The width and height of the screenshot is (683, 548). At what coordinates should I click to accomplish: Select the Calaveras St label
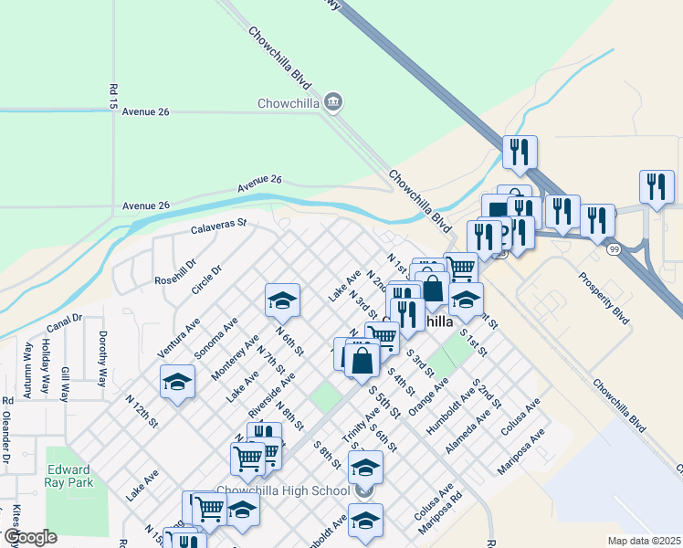[219, 225]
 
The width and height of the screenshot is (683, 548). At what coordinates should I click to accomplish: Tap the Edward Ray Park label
[69, 461]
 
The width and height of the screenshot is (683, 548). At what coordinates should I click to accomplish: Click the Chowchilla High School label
[283, 491]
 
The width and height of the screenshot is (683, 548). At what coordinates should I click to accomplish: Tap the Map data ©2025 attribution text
[643, 540]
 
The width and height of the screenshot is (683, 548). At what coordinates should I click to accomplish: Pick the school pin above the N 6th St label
[283, 300]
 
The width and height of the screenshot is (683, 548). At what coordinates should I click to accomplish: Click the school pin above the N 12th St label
[177, 383]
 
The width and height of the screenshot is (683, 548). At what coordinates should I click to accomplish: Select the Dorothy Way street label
[103, 359]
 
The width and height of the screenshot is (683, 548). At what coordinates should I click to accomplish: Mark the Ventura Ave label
[178, 337]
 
